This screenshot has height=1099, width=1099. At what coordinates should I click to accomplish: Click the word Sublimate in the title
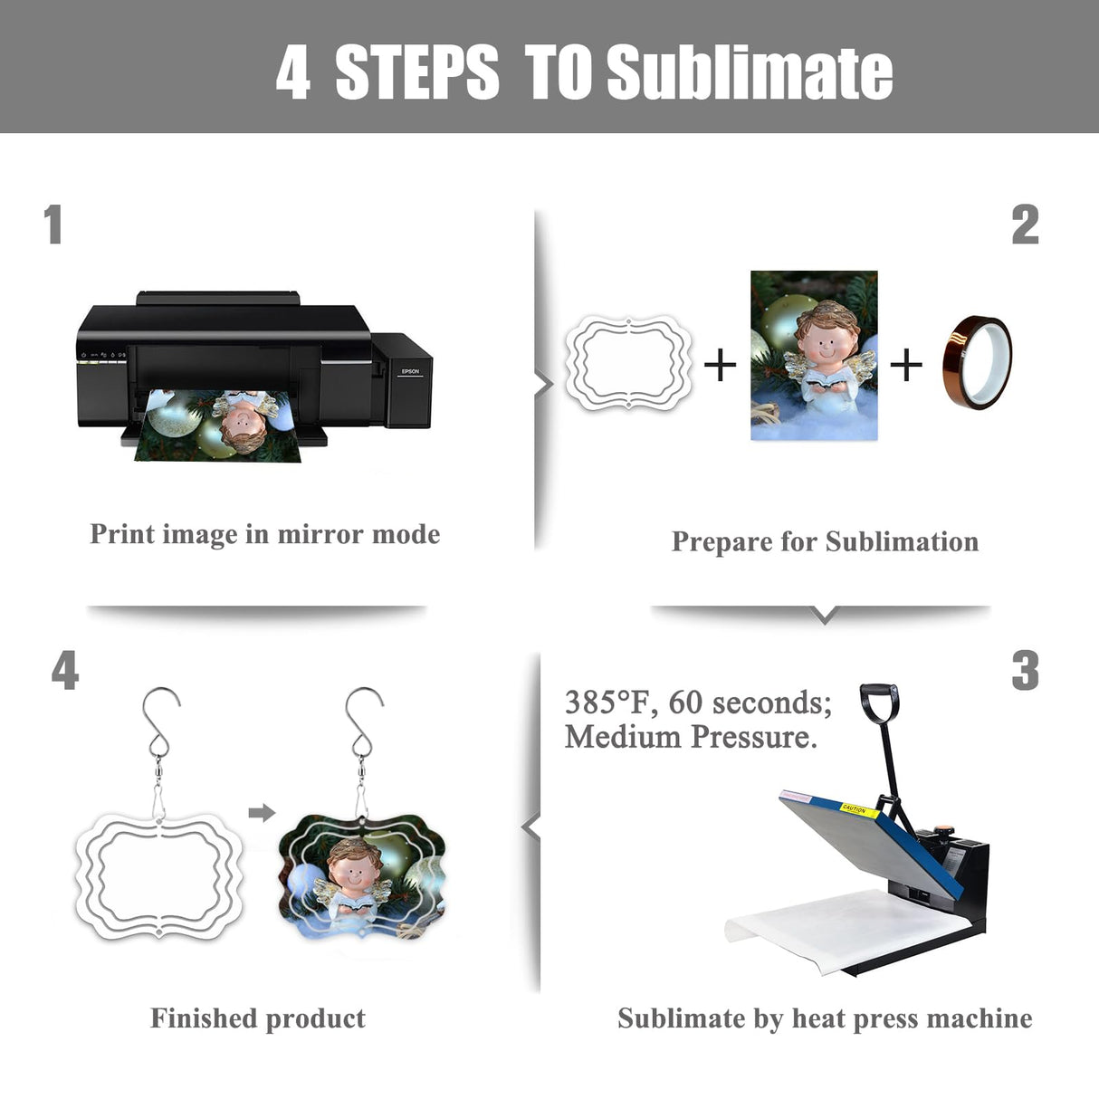coord(750,73)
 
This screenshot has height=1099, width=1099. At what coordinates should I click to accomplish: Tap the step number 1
coord(53,225)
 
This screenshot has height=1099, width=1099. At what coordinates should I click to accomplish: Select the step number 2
coord(1025,225)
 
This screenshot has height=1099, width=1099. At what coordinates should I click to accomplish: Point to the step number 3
coord(1025,671)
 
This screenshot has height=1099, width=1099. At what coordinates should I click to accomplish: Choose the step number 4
coord(65,671)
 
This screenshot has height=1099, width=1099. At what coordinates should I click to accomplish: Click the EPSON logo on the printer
coord(410,371)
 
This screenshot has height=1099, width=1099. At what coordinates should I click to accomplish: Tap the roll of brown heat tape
coord(977,363)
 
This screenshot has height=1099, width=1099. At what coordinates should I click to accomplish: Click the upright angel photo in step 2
coord(814,355)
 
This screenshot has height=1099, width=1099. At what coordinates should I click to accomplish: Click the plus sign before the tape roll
coord(906,365)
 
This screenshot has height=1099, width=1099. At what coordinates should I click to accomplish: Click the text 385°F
coord(607,702)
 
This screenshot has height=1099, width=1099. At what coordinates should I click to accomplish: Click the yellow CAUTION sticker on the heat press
coord(860,810)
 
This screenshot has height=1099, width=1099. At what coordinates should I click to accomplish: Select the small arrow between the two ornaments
coord(263,813)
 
